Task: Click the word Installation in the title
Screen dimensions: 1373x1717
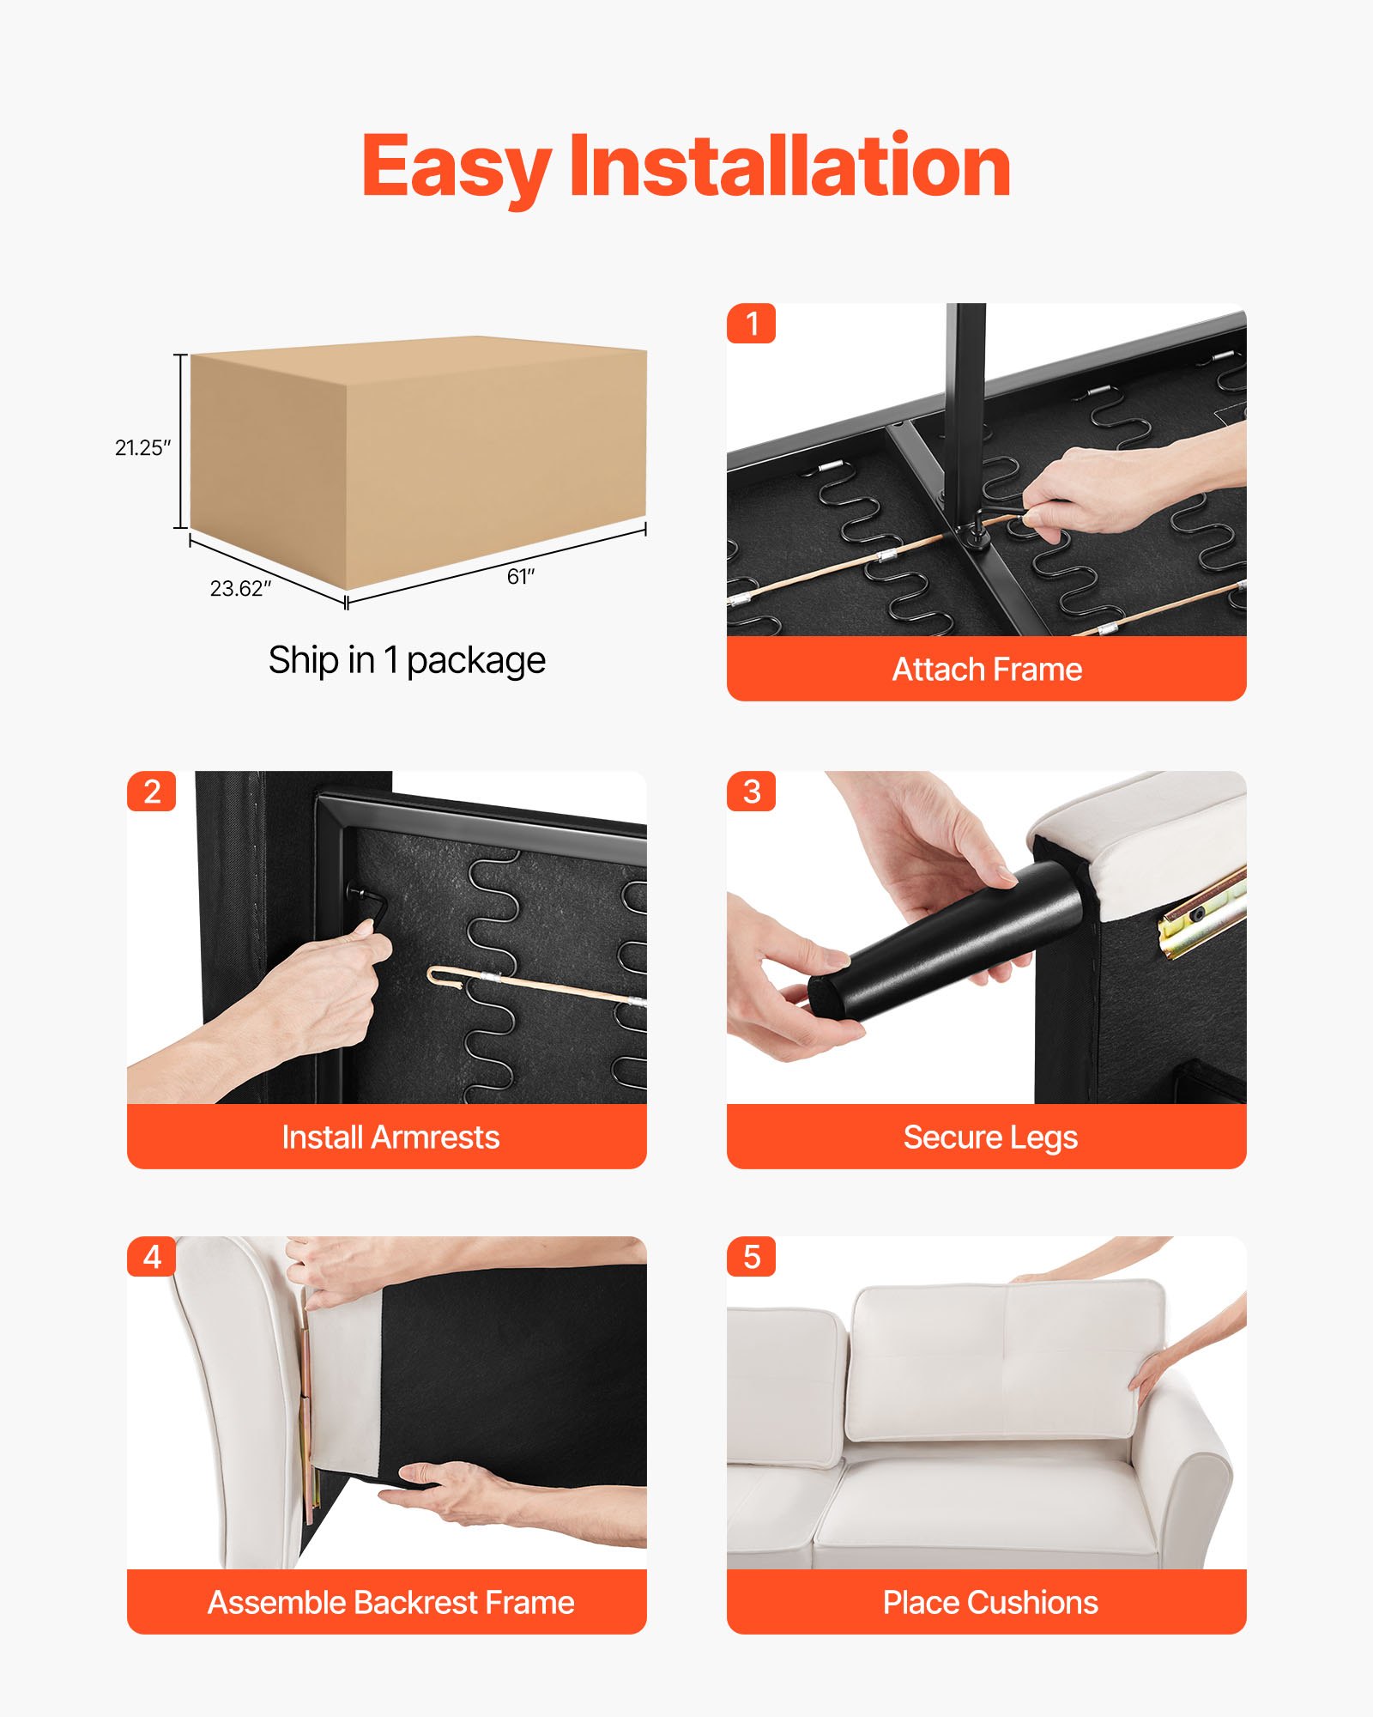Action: [x=789, y=165]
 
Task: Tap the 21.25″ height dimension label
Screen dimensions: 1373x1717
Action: [x=142, y=447]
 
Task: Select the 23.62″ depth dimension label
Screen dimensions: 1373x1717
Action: [x=240, y=588]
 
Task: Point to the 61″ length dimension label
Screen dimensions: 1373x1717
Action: [x=520, y=576]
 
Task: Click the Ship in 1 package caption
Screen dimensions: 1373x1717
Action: [x=407, y=660]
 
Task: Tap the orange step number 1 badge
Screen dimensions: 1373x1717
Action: [x=752, y=324]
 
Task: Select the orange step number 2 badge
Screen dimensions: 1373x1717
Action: [x=152, y=791]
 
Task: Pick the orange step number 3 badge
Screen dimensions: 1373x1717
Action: [x=752, y=791]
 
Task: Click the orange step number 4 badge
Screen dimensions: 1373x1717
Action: [x=152, y=1257]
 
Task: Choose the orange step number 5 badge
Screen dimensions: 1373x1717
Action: [x=752, y=1257]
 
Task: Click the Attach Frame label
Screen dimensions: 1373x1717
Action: [x=987, y=669]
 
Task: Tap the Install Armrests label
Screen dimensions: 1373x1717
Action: [x=390, y=1137]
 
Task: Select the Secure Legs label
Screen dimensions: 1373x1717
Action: [x=990, y=1138]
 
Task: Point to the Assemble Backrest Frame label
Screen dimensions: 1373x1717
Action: [x=390, y=1603]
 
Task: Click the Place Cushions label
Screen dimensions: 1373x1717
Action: [x=990, y=1603]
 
